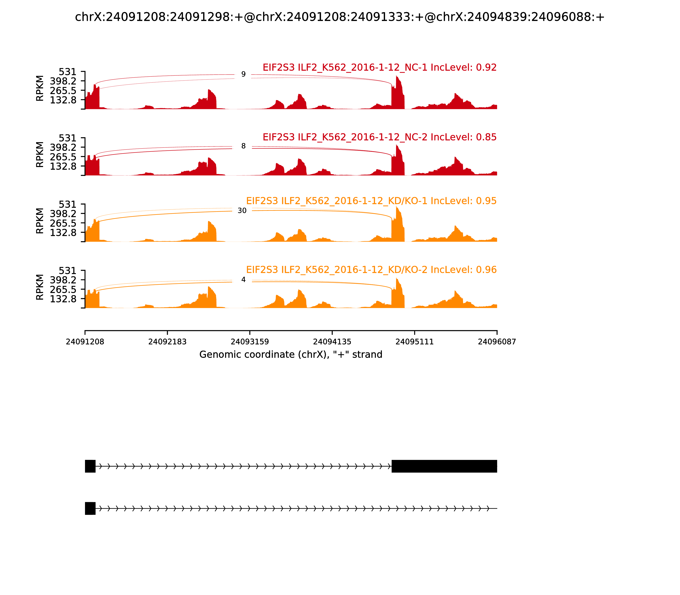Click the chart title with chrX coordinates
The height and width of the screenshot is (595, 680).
(340, 17)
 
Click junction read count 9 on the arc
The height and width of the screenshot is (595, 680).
(243, 74)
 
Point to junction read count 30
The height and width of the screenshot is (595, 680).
(242, 211)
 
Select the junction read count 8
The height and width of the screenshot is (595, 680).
(243, 146)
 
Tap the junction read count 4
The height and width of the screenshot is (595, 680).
(243, 280)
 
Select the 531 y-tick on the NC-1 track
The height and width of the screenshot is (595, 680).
(67, 72)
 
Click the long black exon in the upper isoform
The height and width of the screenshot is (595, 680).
(444, 466)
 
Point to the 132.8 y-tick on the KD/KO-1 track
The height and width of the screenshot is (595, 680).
(63, 233)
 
